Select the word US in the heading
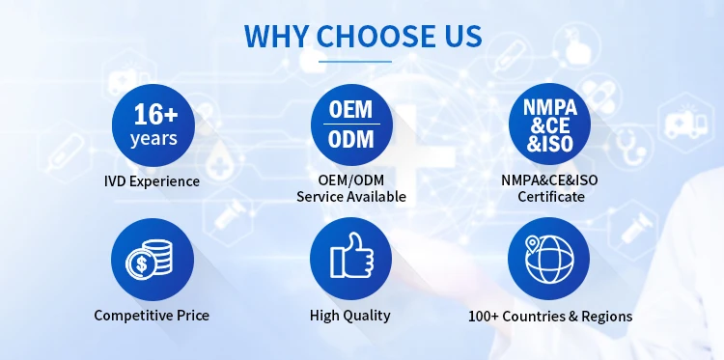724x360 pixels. [459, 36]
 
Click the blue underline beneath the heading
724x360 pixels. [355, 62]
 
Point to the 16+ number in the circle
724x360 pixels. [155, 114]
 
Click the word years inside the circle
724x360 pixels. [153, 138]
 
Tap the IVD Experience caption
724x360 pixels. [152, 181]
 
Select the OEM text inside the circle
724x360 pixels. [351, 110]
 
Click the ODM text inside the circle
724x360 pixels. [351, 139]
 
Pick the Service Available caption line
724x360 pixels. [351, 197]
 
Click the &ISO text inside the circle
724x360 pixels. [549, 144]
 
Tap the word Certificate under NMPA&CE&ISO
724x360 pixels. [551, 197]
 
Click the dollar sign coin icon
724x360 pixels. [141, 264]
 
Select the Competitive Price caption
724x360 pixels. [152, 316]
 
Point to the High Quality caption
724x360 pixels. [350, 316]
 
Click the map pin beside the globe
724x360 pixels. [533, 242]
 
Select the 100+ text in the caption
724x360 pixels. [484, 317]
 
